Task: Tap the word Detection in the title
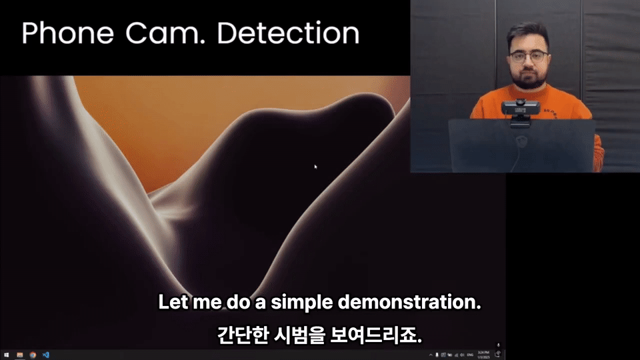(288, 33)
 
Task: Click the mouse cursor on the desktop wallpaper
(315, 166)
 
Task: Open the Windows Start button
(6, 355)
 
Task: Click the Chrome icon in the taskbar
(33, 355)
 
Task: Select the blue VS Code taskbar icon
(46, 355)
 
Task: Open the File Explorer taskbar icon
(20, 355)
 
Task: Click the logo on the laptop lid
(521, 141)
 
